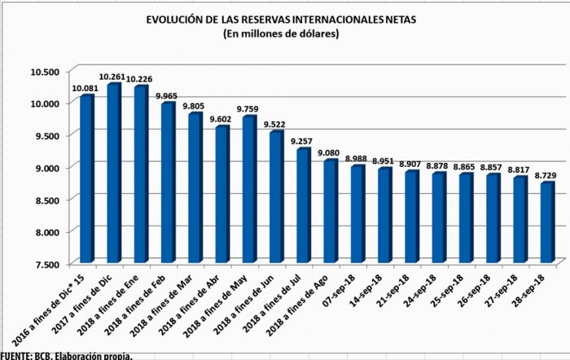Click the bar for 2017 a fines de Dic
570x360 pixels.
point(115,175)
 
